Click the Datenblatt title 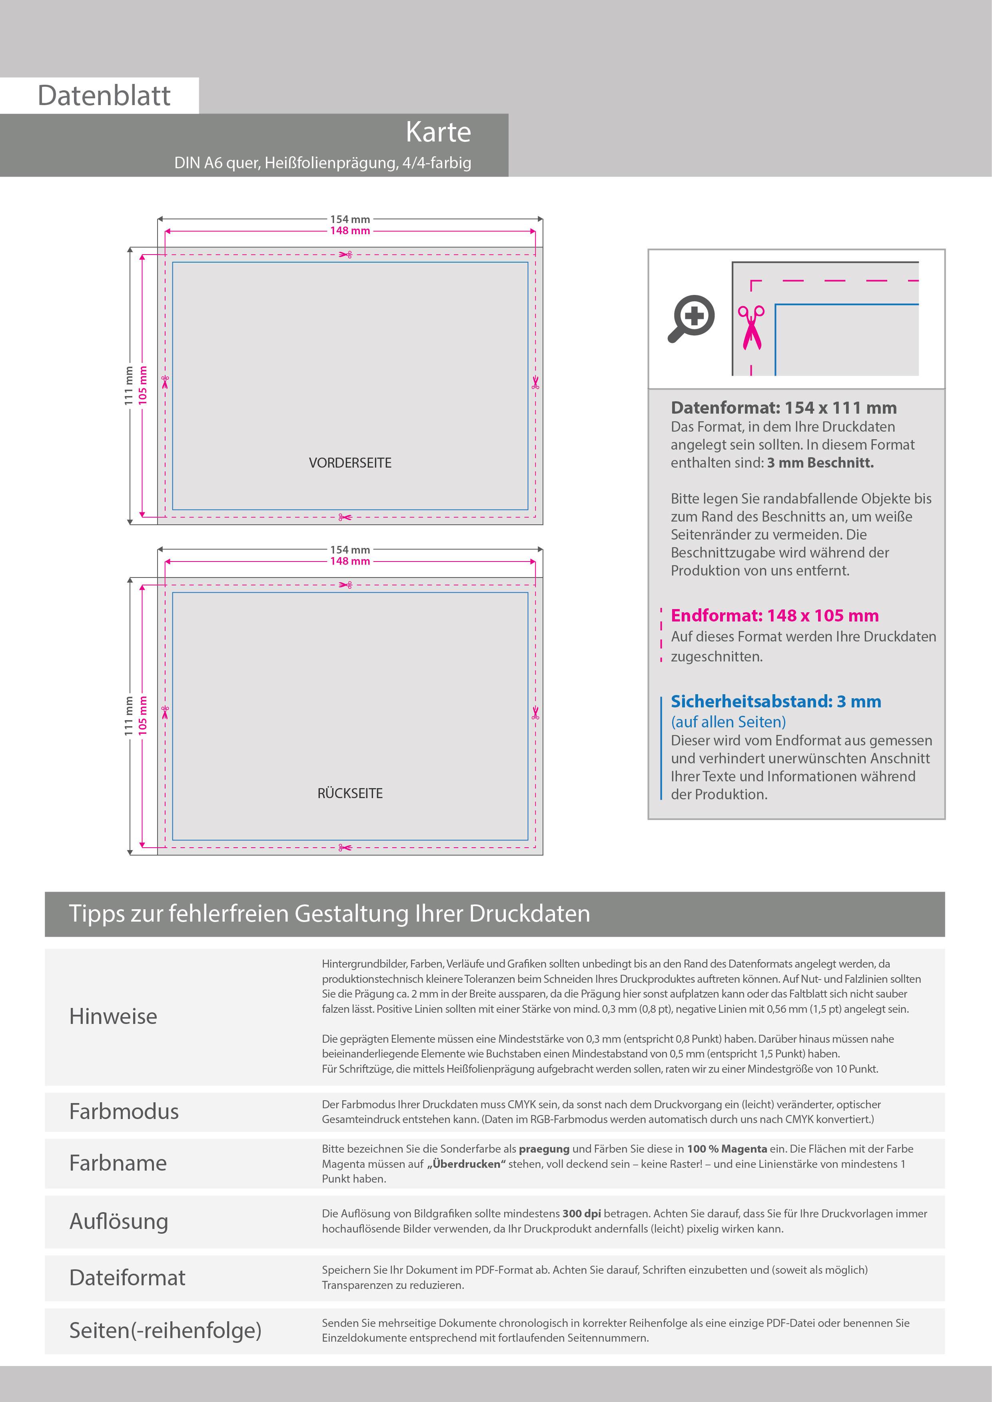pyautogui.click(x=104, y=96)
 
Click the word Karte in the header pyautogui.click(x=439, y=132)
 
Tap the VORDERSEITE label pyautogui.click(x=350, y=463)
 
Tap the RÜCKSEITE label pyautogui.click(x=350, y=793)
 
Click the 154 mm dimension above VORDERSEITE pyautogui.click(x=350, y=219)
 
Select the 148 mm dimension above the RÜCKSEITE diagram pyautogui.click(x=350, y=561)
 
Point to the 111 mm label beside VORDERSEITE pyautogui.click(x=129, y=385)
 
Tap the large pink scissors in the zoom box pyautogui.click(x=751, y=327)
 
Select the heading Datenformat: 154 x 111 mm pyautogui.click(x=784, y=408)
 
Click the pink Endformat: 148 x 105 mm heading pyautogui.click(x=774, y=615)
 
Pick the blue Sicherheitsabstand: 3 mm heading pyautogui.click(x=776, y=702)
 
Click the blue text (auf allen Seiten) pyautogui.click(x=728, y=722)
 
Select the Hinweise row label pyautogui.click(x=113, y=1016)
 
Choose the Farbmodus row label pyautogui.click(x=124, y=1111)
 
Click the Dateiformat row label pyautogui.click(x=127, y=1277)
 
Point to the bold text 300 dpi pyautogui.click(x=581, y=1214)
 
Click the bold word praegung pyautogui.click(x=544, y=1149)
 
